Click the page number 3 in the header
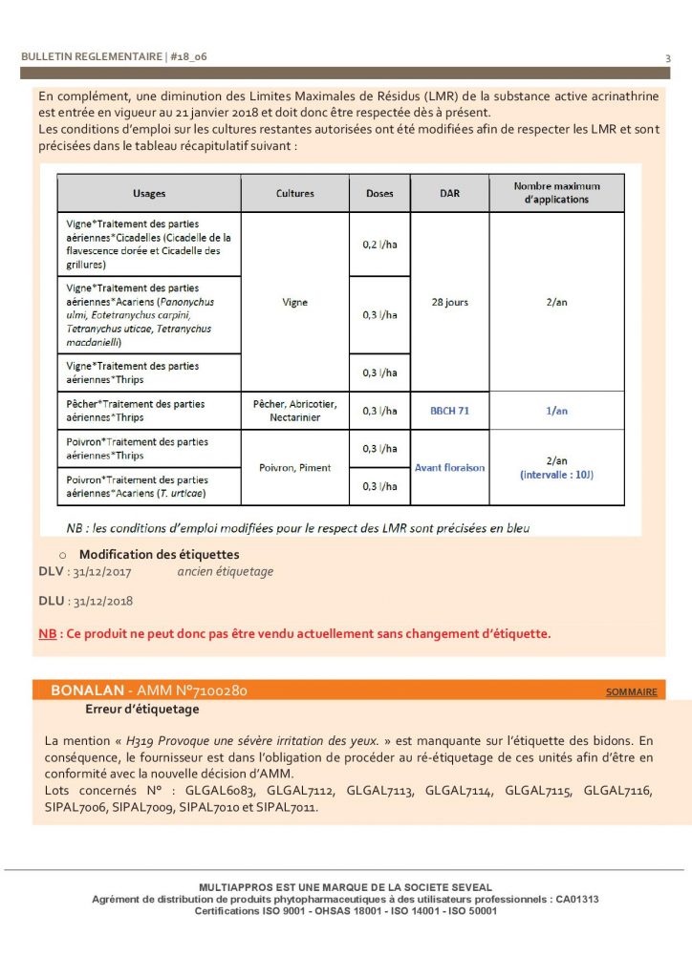pyautogui.click(x=668, y=58)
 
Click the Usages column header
pyautogui.click(x=149, y=193)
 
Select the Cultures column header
pyautogui.click(x=294, y=193)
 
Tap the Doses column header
pyautogui.click(x=379, y=193)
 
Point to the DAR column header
pyautogui.click(x=449, y=193)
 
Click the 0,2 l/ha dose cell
pyautogui.click(x=379, y=244)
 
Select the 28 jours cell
pyautogui.click(x=449, y=303)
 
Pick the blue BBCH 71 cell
pyautogui.click(x=449, y=411)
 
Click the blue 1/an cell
pyautogui.click(x=556, y=411)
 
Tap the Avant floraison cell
pyautogui.click(x=449, y=468)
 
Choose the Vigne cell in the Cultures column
pyautogui.click(x=294, y=303)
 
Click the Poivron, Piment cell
pyautogui.click(x=294, y=468)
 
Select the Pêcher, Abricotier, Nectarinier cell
pyautogui.click(x=294, y=411)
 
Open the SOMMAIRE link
pyautogui.click(x=631, y=691)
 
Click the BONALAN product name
pyautogui.click(x=85, y=690)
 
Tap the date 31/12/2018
pyautogui.click(x=102, y=602)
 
